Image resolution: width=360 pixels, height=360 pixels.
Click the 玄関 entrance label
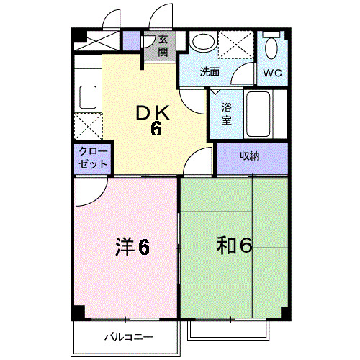(x=163, y=45)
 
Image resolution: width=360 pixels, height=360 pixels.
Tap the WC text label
(x=272, y=72)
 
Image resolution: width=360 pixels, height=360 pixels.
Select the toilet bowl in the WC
(x=272, y=48)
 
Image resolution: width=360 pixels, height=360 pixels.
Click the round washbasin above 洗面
(x=202, y=42)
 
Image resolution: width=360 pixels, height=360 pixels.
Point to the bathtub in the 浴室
(x=258, y=114)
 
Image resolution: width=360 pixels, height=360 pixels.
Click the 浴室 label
(x=226, y=114)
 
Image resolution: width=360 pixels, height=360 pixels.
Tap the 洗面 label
(x=210, y=71)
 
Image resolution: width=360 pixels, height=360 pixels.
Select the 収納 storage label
(x=250, y=156)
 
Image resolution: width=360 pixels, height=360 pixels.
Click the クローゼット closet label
(x=93, y=158)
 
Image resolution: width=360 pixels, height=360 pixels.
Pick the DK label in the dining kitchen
(x=153, y=113)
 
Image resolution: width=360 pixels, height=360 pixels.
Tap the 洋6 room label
(x=132, y=247)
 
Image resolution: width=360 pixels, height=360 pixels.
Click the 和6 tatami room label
(x=234, y=246)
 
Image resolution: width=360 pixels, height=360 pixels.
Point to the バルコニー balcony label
(x=129, y=337)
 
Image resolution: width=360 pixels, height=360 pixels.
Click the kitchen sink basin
(x=88, y=97)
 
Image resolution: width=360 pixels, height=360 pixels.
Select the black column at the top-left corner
(x=79, y=35)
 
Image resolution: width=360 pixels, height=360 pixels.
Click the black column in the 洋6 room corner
(x=78, y=312)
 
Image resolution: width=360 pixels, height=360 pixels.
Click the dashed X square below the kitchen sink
(x=89, y=126)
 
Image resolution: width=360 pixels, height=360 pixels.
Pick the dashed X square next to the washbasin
(x=235, y=45)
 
